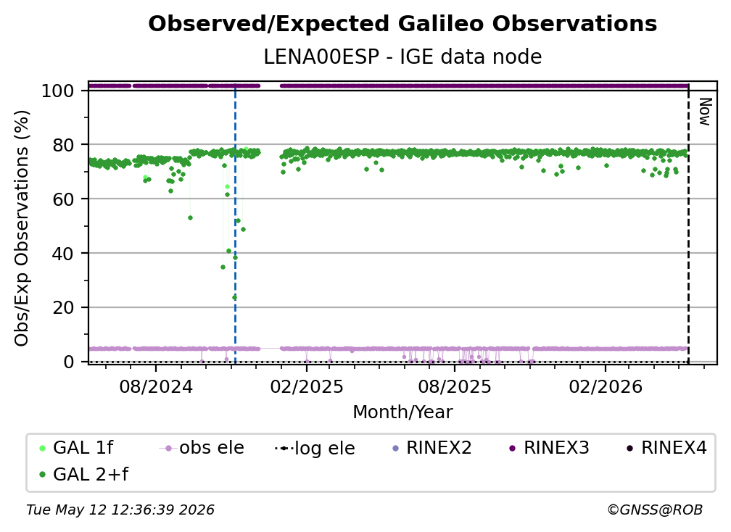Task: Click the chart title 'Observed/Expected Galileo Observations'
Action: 402,24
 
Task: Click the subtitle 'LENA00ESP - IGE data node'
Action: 402,57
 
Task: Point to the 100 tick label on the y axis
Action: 58,91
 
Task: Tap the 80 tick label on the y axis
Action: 63,145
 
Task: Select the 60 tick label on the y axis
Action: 63,199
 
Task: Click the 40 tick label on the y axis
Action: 63,254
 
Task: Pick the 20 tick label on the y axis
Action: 63,307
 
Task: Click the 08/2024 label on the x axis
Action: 156,386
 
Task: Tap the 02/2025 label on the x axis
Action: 307,386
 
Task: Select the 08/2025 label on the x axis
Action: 455,386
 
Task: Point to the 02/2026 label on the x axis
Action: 606,386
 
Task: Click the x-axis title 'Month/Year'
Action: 402,412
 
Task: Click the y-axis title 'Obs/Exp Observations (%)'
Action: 22,228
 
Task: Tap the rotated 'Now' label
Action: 705,112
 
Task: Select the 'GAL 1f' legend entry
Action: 76,448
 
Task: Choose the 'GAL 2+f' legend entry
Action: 83,475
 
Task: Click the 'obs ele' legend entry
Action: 202,448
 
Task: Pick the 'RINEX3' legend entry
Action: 549,448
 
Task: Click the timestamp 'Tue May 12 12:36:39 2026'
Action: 120,510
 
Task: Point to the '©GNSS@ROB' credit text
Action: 655,510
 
